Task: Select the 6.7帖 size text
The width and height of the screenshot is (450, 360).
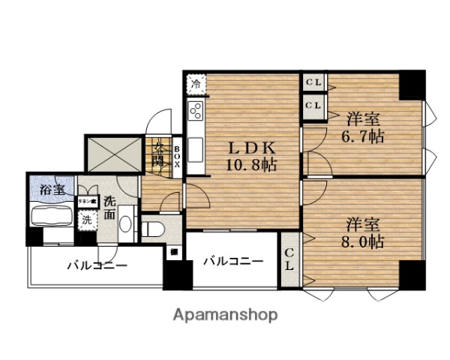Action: pyautogui.click(x=365, y=137)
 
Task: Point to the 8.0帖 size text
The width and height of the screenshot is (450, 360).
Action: pyautogui.click(x=365, y=241)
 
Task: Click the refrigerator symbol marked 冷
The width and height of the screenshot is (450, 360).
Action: pyautogui.click(x=196, y=82)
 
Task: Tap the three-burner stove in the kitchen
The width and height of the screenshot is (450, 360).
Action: pyautogui.click(x=196, y=112)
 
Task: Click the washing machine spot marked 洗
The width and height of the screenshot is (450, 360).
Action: pyautogui.click(x=87, y=220)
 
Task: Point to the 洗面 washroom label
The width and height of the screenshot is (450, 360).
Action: pyautogui.click(x=109, y=207)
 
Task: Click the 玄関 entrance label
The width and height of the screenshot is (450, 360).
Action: pyautogui.click(x=160, y=154)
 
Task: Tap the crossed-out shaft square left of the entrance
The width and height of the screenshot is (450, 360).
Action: pyautogui.click(x=114, y=154)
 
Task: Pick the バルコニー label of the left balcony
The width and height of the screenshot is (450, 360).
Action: pyautogui.click(x=97, y=265)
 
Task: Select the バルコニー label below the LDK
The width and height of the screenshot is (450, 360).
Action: pyautogui.click(x=233, y=261)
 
